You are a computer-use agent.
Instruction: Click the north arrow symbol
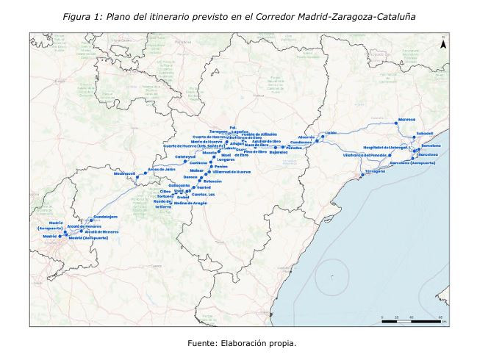click(x=443, y=43)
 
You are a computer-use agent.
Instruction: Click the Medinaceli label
click(x=125, y=173)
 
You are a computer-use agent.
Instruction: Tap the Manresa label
click(x=406, y=120)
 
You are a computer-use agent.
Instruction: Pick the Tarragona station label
click(x=374, y=170)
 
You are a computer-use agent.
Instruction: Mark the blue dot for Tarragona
click(x=362, y=174)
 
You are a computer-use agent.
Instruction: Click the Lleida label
click(x=330, y=132)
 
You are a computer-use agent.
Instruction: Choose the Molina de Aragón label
click(x=191, y=202)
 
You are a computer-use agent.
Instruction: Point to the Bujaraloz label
click(x=279, y=153)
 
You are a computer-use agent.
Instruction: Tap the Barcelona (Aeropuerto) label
click(x=413, y=163)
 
